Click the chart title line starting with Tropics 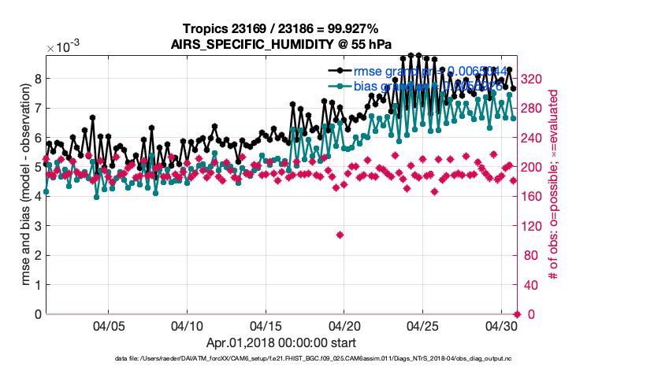(281, 29)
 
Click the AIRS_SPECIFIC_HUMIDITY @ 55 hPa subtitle (281, 44)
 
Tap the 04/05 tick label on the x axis (109, 325)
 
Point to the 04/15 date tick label (266, 325)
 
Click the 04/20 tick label (344, 325)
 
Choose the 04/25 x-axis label (422, 325)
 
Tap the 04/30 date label (500, 325)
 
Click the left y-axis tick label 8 (37, 79)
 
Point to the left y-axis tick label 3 (37, 226)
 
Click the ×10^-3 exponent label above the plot (64, 48)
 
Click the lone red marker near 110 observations (340, 235)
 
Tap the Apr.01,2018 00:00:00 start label (281, 342)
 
